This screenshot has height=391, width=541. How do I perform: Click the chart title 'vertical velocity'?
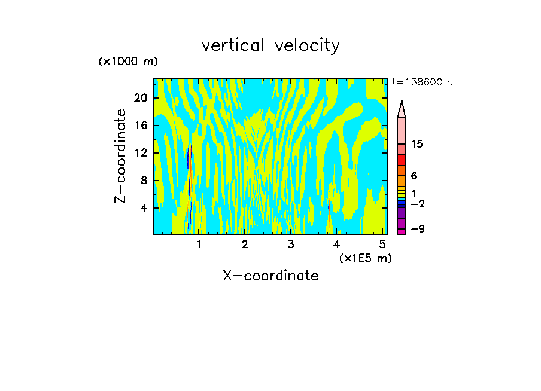(x=270, y=45)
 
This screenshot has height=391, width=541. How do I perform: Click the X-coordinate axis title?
(x=270, y=276)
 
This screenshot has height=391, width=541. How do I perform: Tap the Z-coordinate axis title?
(x=121, y=156)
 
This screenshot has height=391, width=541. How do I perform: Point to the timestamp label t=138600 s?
(x=423, y=83)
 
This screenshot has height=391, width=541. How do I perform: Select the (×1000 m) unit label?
(x=128, y=62)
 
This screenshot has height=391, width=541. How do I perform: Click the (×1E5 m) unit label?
(x=365, y=258)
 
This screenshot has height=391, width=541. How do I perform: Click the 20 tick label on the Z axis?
(x=140, y=98)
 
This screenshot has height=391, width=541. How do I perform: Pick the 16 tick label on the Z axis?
(x=140, y=126)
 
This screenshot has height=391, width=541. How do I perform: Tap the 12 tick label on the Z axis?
(x=140, y=153)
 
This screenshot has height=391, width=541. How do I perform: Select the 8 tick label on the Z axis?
(x=144, y=181)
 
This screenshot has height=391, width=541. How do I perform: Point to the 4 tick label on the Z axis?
(x=144, y=208)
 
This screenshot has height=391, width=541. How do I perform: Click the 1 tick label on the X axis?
(x=199, y=244)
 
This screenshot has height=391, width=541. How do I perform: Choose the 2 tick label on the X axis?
(x=245, y=244)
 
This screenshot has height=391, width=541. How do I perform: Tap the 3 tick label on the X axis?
(x=291, y=244)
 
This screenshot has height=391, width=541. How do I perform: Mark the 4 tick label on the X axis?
(x=337, y=244)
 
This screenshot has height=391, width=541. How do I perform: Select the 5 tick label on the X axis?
(x=382, y=244)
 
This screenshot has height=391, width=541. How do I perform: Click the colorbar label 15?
(x=418, y=145)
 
